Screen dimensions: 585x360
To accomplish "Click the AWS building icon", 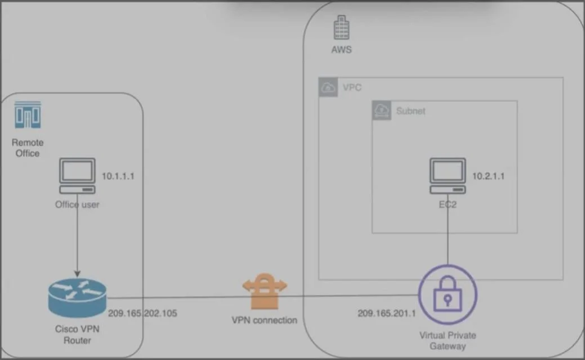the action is tap(341, 27).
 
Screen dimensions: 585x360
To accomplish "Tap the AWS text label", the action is tap(341, 50).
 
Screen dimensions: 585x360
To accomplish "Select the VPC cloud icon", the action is tap(328, 87).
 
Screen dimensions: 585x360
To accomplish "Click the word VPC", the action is tap(352, 87).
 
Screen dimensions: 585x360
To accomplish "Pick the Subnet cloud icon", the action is tap(382, 110).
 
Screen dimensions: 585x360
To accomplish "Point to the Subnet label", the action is tap(411, 111).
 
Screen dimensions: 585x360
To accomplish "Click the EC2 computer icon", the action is tap(448, 176).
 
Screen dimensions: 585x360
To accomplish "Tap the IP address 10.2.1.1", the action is tap(488, 176).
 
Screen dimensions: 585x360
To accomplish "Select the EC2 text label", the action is tap(448, 205).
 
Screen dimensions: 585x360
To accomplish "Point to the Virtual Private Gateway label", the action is tap(448, 341).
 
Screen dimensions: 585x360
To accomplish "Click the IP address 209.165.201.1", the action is tap(386, 313).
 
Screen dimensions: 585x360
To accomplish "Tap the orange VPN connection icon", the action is tap(265, 291).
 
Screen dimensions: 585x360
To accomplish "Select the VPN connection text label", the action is tap(265, 320).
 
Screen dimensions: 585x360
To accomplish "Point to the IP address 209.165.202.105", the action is tap(142, 313).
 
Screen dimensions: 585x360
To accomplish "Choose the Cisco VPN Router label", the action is tap(77, 335).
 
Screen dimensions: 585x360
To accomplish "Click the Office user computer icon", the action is tap(77, 176).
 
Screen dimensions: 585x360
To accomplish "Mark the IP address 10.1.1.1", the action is tap(118, 176).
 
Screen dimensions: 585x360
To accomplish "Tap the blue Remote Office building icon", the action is tap(28, 114).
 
